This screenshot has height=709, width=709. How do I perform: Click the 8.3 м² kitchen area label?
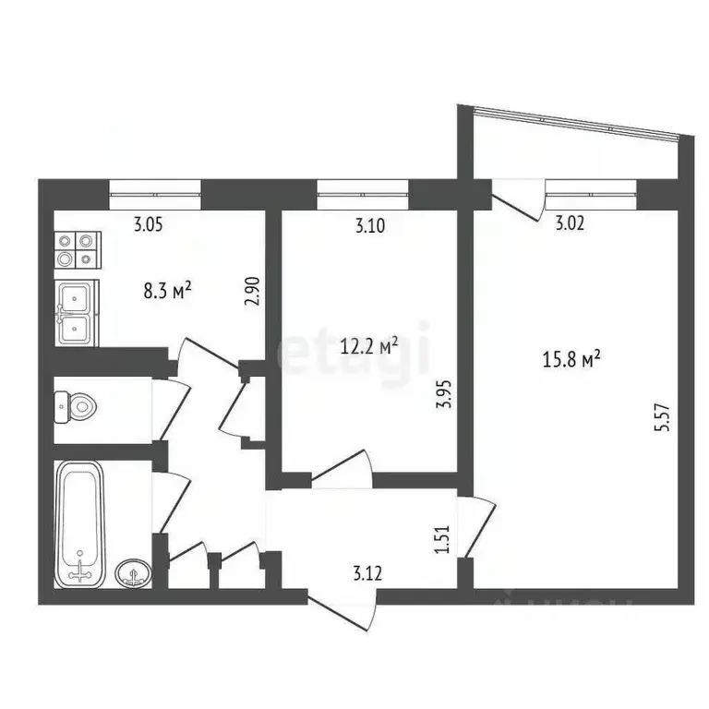pos(167,292)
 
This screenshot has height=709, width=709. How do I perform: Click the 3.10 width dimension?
pos(370,223)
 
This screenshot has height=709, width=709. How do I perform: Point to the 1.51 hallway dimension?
pos(441,539)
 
